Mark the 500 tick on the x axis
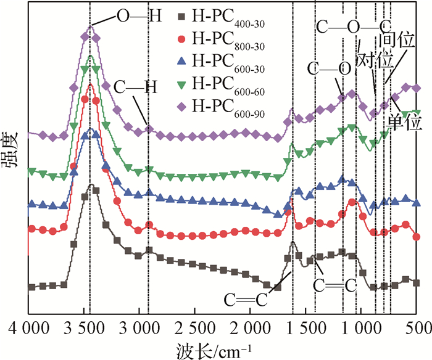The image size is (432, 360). click(418, 325)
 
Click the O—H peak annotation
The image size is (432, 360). click(139, 14)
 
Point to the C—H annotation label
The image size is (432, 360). click(135, 88)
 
